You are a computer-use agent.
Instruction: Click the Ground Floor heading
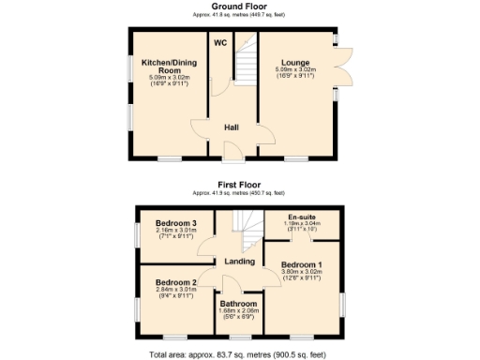click(239, 7)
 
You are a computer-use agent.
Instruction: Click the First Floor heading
click(239, 185)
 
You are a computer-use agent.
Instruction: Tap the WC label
click(219, 43)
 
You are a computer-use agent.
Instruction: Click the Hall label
click(232, 127)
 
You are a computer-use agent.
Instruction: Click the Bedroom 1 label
click(301, 265)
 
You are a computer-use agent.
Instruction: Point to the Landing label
click(239, 261)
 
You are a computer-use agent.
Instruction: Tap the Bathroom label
click(239, 303)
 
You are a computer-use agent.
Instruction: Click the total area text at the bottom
click(239, 354)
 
